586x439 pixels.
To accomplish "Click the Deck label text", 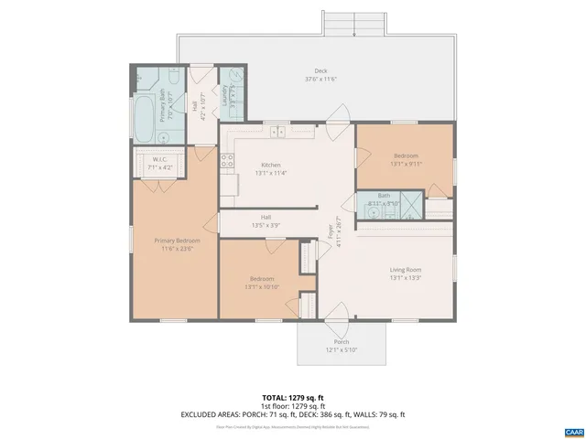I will [320, 70].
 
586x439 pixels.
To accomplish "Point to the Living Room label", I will [405, 269].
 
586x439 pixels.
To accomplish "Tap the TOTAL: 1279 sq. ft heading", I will [293, 397].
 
